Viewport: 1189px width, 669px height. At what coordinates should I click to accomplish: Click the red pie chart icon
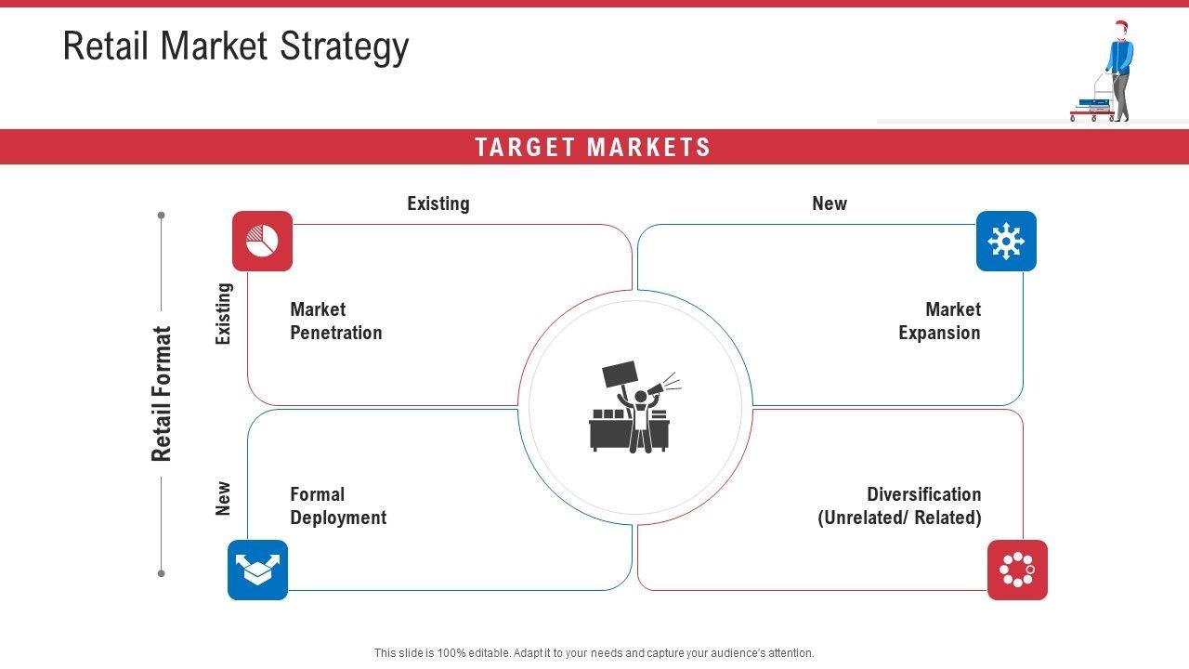coord(262,241)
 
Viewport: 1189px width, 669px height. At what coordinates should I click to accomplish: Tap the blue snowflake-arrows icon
coord(1006,241)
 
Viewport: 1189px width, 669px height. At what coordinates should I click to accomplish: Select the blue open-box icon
coord(257,570)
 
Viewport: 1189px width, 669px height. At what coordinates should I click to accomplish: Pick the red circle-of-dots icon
coord(1017,570)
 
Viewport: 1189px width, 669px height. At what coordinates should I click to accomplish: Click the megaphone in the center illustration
coord(659,387)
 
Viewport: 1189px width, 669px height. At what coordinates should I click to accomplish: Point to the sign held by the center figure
coord(620,374)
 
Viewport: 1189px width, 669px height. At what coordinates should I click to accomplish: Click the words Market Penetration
coord(336,321)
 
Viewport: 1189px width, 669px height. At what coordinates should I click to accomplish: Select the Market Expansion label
coord(939,321)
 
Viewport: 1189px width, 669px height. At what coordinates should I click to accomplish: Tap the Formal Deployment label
coord(338,505)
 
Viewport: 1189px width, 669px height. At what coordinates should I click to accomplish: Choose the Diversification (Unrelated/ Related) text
coord(899,505)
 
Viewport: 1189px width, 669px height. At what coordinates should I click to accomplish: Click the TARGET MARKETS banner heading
coord(593,147)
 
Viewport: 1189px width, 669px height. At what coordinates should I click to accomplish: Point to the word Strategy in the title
coord(345,46)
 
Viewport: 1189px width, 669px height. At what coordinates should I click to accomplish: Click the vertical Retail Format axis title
coord(162,393)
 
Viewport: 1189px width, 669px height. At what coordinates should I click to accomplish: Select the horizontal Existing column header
coord(438,203)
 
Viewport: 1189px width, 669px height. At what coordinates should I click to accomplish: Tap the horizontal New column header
coord(830,203)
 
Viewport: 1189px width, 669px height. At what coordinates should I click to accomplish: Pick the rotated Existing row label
coord(224,314)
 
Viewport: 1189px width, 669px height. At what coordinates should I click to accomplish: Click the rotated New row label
coord(224,498)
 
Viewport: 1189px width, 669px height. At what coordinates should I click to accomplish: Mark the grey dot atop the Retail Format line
coord(162,215)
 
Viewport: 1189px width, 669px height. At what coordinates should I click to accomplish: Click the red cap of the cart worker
coord(1121,24)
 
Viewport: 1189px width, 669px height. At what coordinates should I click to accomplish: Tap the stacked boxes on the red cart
coord(1094,105)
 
